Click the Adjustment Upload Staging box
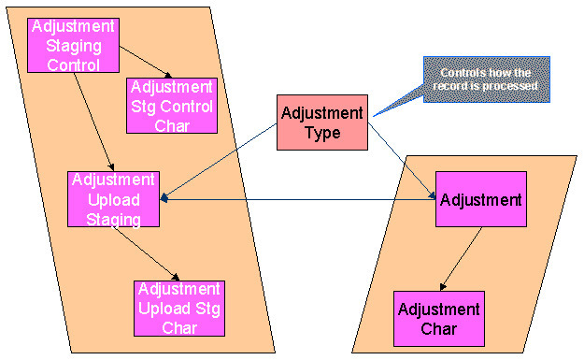coord(114,199)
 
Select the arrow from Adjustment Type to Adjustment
coord(403,159)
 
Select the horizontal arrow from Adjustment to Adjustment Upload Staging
coord(299,198)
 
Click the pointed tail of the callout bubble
coord(376,115)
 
